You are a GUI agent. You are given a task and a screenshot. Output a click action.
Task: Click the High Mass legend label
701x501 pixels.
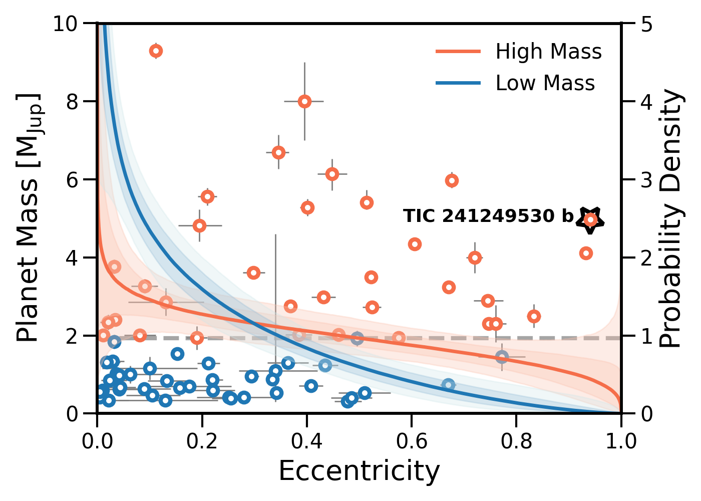548,52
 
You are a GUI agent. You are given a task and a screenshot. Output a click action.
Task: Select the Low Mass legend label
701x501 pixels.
545,83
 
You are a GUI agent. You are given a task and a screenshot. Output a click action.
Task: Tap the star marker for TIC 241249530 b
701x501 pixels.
590,219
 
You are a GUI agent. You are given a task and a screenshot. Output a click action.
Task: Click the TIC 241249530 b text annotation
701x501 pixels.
488,216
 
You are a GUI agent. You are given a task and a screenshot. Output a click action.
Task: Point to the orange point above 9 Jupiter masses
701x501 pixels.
156,51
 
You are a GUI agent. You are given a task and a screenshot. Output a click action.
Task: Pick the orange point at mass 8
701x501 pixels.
304,102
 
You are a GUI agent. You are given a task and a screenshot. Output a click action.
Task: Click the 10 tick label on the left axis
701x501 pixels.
68,24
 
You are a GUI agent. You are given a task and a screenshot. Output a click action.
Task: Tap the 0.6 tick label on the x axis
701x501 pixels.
412,441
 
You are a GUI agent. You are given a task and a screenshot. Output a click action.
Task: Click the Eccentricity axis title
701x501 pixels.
359,471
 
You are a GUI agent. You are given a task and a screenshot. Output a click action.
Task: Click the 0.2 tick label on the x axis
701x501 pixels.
202,441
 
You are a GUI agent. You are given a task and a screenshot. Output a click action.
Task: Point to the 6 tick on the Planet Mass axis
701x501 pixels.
74,180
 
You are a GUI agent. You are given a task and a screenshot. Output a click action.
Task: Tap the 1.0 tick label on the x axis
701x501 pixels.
621,441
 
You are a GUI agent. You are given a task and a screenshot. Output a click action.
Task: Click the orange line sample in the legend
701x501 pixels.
458,52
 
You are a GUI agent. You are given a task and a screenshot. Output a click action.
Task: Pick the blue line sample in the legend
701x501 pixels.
458,83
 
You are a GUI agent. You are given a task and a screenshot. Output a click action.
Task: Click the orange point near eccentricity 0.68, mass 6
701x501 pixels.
452,180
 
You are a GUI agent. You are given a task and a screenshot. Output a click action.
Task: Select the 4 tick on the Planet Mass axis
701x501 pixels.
74,258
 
